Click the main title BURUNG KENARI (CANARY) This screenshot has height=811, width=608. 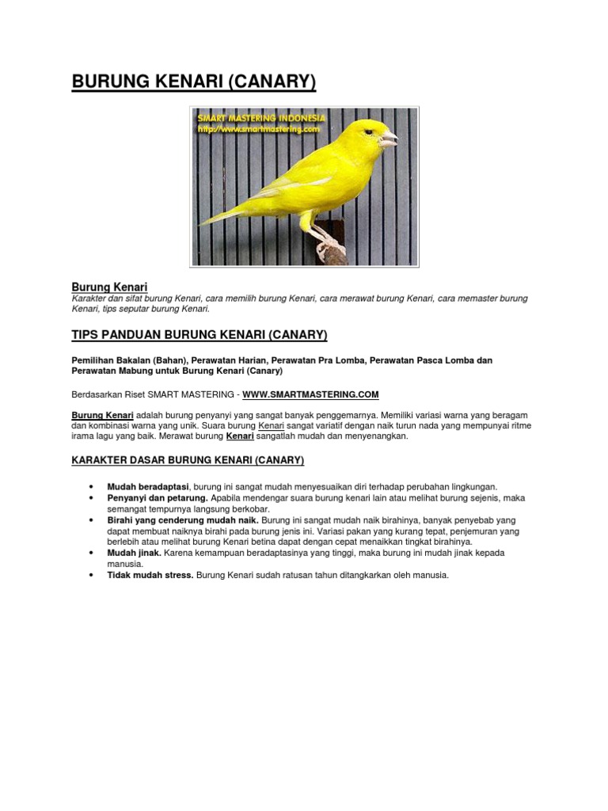coord(194,82)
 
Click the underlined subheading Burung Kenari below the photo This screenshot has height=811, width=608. coord(110,286)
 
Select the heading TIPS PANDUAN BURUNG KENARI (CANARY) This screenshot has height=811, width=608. coord(199,335)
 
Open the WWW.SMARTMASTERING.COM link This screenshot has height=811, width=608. coord(310,394)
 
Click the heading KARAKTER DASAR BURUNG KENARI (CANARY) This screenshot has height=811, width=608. coord(188,460)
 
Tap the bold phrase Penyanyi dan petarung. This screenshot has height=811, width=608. coord(158,498)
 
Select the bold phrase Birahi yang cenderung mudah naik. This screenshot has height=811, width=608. coord(183,520)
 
